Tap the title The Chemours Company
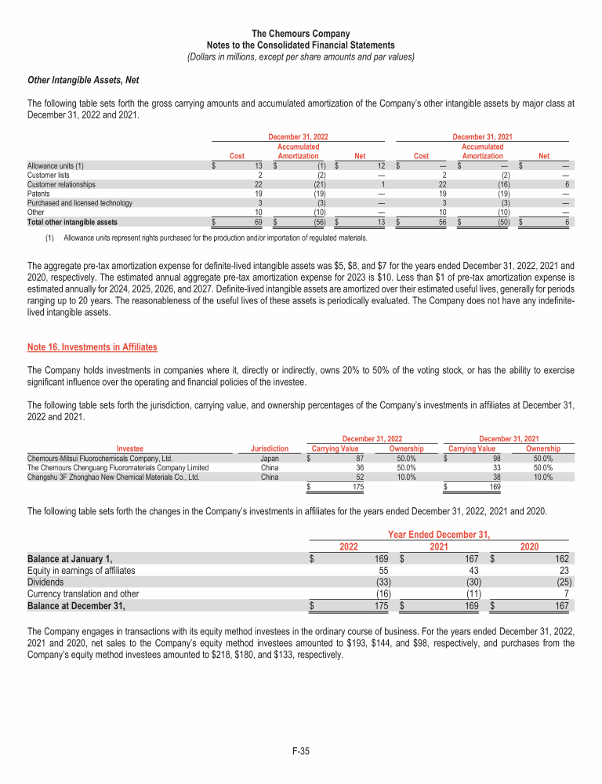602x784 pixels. pos(301,34)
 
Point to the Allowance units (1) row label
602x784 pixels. pos(56,165)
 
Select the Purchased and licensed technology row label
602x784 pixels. pos(79,203)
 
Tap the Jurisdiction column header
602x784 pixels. pos(269,448)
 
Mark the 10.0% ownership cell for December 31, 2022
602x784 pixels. pos(405,476)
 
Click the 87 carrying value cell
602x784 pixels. pos(359,458)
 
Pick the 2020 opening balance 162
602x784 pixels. pos(562,558)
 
